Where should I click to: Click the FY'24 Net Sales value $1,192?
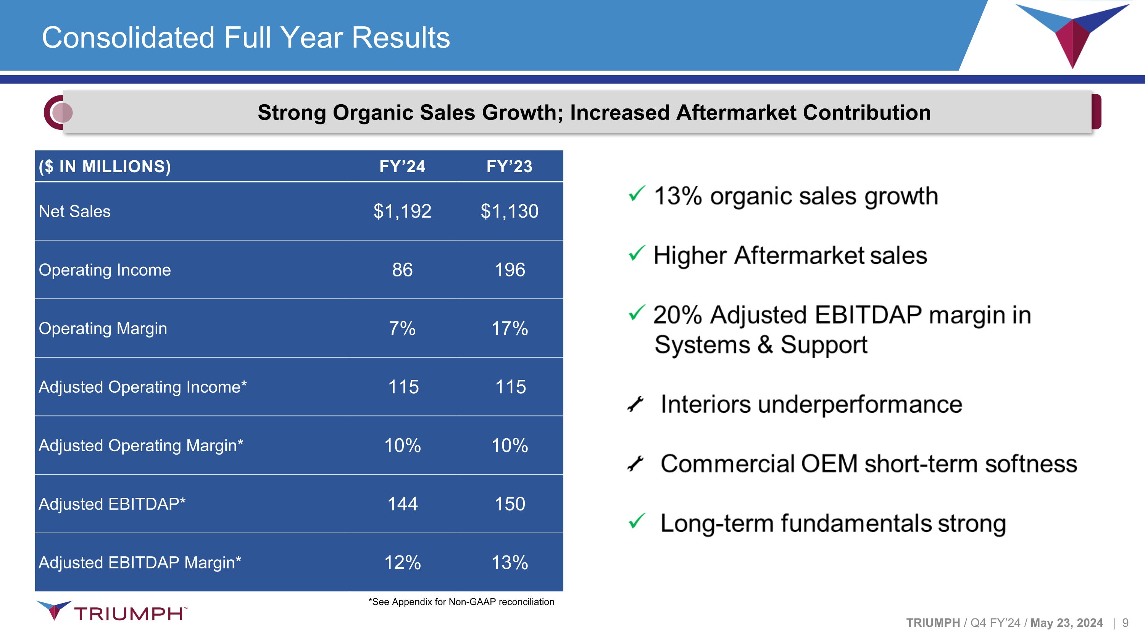(402, 211)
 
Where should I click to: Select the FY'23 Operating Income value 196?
(510, 270)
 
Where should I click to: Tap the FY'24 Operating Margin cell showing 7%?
(402, 328)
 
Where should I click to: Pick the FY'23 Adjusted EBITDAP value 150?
(510, 504)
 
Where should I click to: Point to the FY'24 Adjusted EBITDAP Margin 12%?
(402, 563)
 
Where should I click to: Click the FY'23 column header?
(510, 166)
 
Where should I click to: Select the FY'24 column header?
(402, 166)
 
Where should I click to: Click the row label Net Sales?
(75, 211)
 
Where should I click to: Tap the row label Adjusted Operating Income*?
(143, 387)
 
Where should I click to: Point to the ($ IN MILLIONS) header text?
(105, 166)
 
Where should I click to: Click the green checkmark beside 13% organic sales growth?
(637, 194)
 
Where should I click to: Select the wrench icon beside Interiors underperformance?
(635, 404)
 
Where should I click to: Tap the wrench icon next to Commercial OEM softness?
(635, 463)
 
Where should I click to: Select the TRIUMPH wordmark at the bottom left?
(129, 614)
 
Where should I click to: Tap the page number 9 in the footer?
(1126, 623)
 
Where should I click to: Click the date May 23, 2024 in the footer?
(1066, 623)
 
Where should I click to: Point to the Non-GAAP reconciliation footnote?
(461, 602)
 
